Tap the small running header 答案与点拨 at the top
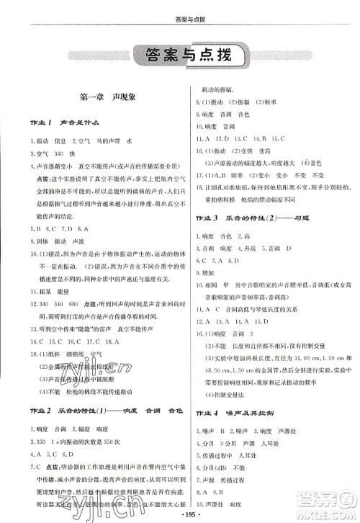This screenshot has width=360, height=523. click(x=179, y=9)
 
